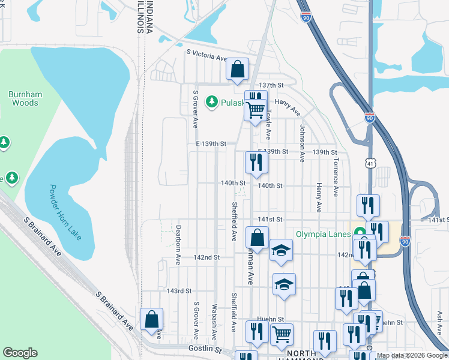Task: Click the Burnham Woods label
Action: coord(23,98)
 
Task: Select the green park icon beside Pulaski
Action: coord(211,103)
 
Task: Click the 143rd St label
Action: coord(179,290)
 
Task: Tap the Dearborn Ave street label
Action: coord(179,244)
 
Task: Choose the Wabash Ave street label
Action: coord(214,318)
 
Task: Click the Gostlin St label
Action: coord(200,349)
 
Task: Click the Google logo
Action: coord(20,353)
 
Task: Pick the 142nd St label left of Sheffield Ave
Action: coord(206,257)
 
